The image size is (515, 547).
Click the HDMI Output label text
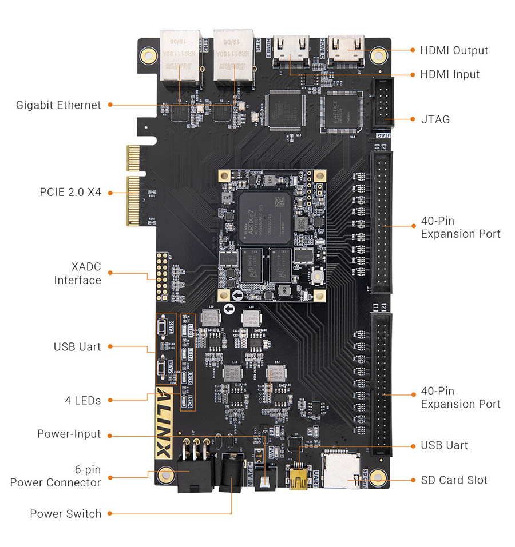point(454,50)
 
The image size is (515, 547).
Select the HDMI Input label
point(450,74)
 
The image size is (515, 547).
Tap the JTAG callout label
point(435,119)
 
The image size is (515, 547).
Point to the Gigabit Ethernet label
point(58,105)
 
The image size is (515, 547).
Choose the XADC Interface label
point(78,273)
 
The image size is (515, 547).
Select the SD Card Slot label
point(454,480)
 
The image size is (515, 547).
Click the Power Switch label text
point(65,514)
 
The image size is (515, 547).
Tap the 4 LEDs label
point(82,400)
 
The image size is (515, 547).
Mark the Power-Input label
point(69,434)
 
